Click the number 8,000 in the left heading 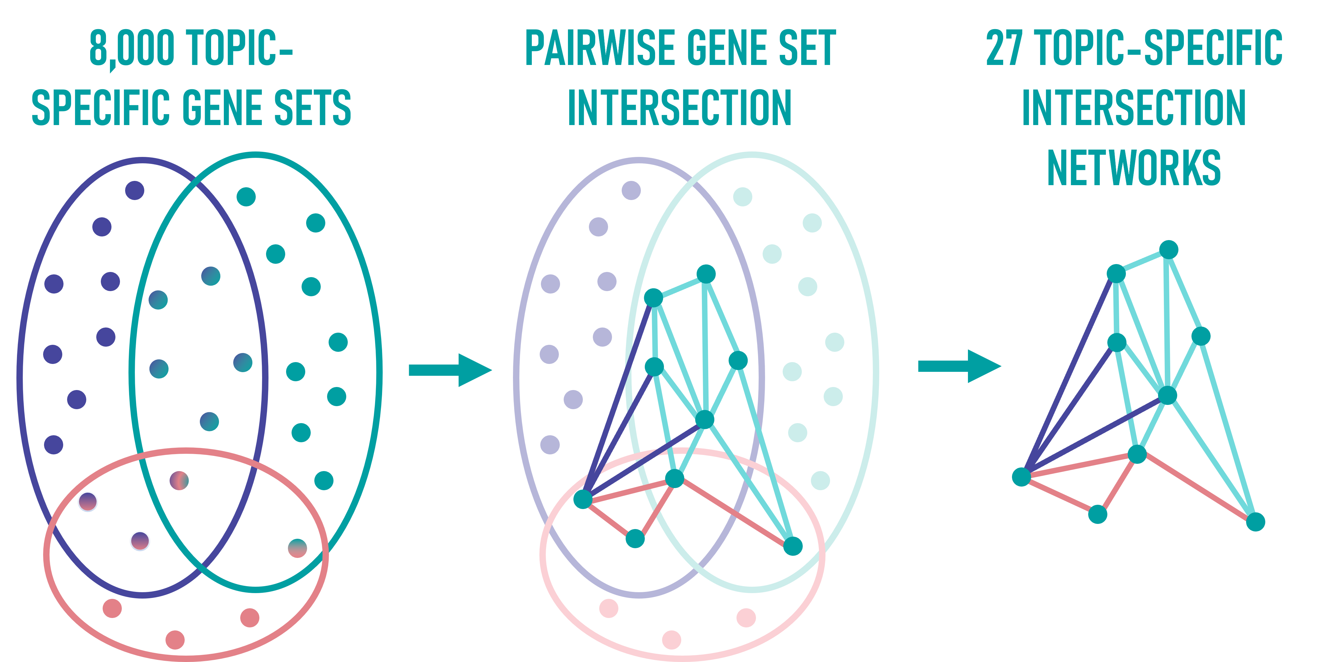click(132, 49)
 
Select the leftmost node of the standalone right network click(1021, 476)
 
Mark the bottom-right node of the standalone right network click(1255, 522)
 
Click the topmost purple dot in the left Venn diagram click(135, 190)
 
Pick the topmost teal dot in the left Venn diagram click(246, 196)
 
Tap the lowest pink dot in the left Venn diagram click(175, 640)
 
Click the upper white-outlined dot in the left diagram click(87, 501)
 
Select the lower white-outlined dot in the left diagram click(140, 541)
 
